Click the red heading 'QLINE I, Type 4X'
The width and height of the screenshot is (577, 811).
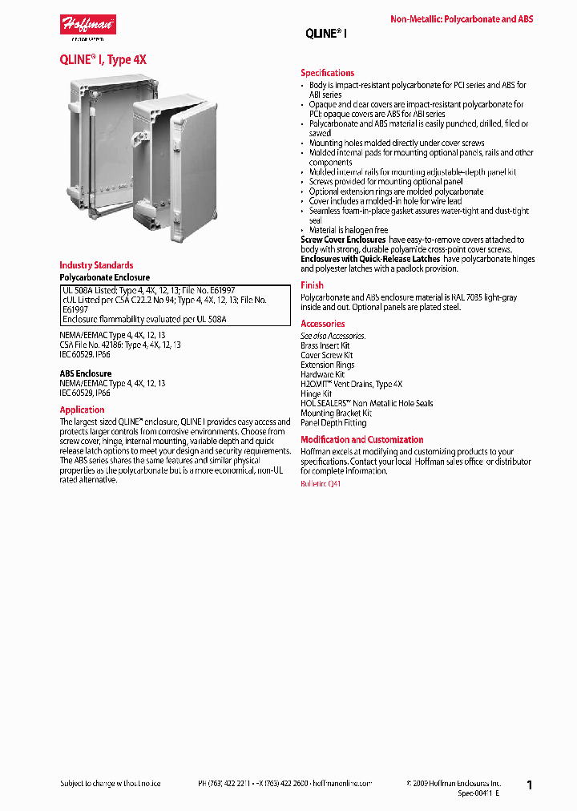(x=103, y=60)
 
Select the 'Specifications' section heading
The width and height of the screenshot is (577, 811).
(x=327, y=73)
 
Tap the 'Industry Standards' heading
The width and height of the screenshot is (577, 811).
(x=96, y=265)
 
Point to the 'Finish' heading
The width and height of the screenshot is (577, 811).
(x=312, y=285)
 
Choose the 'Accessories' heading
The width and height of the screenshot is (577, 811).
(x=322, y=324)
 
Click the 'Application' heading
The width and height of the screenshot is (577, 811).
(x=82, y=410)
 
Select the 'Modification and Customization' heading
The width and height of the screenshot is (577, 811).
(x=361, y=440)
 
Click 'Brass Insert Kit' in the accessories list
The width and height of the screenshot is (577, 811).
(x=325, y=345)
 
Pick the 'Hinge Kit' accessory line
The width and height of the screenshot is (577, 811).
(x=316, y=394)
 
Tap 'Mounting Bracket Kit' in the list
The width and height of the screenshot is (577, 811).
(x=336, y=414)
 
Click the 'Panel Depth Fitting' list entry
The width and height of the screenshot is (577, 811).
(x=333, y=423)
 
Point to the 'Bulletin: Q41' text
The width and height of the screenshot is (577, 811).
(x=321, y=485)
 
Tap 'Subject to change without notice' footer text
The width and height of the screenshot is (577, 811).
(x=111, y=783)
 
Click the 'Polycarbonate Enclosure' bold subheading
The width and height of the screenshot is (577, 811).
(x=104, y=277)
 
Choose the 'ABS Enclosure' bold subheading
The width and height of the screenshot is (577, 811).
(x=86, y=373)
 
